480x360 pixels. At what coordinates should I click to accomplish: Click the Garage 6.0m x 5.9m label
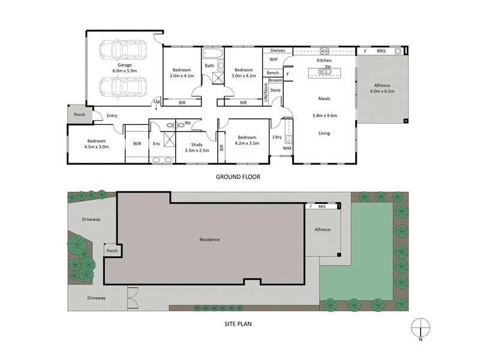click(124, 68)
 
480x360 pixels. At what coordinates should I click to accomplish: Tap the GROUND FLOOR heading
click(240, 178)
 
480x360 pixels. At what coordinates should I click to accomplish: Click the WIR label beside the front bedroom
click(137, 144)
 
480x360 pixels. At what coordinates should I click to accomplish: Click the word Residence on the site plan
click(209, 239)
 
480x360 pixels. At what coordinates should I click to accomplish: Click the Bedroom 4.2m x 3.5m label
click(247, 140)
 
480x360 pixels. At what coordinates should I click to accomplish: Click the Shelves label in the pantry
click(277, 50)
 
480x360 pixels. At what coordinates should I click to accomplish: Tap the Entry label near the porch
click(112, 115)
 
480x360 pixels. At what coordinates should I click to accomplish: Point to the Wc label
click(188, 123)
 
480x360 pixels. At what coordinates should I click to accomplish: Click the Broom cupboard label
click(275, 80)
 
